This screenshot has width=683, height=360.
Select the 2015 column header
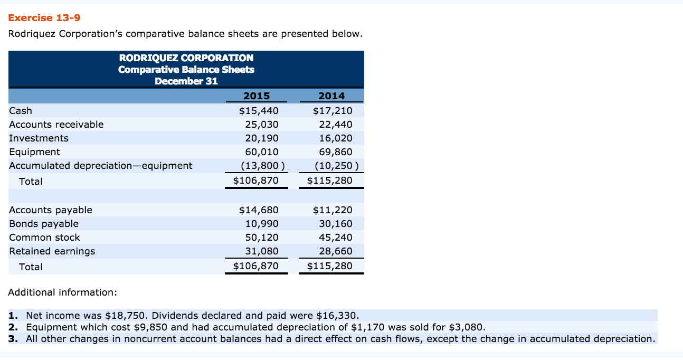[257, 96]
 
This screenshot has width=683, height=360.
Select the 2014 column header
[331, 96]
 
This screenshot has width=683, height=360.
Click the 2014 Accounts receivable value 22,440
[336, 125]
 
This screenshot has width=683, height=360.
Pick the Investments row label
[39, 138]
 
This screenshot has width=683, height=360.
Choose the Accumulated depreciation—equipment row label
[101, 166]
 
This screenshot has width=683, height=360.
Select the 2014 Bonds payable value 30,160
[336, 224]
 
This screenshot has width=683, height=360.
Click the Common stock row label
[45, 238]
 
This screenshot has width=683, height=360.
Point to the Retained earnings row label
[52, 251]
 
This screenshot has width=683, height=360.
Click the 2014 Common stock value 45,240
[336, 238]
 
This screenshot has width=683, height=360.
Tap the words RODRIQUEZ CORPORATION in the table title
[186, 58]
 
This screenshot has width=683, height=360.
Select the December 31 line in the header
[186, 81]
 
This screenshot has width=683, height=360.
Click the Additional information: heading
[63, 292]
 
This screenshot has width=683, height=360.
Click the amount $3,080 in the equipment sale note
[466, 327]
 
